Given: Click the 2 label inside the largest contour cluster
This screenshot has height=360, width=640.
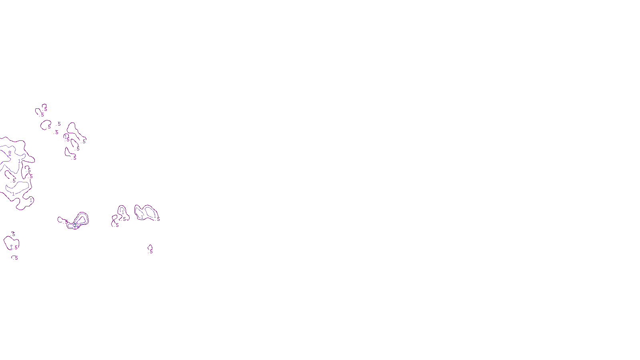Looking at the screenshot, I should click(x=10, y=153).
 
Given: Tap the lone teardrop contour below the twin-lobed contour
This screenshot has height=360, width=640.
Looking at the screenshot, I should click(x=150, y=247).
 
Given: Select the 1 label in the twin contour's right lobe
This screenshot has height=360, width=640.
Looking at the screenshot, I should click(x=155, y=216).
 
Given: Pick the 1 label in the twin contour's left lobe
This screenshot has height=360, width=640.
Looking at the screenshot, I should click(x=142, y=217).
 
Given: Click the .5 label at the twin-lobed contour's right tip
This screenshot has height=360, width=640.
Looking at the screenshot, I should click(x=158, y=219).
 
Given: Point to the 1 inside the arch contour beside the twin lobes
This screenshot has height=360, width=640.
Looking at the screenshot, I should click(x=123, y=211).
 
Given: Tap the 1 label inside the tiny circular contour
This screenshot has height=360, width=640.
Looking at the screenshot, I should click(x=66, y=137).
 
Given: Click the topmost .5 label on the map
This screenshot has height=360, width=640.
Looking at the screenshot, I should click(x=45, y=109).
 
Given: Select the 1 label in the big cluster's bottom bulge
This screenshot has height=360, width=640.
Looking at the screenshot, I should click(x=31, y=200).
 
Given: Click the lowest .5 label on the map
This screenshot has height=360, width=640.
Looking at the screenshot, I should click(x=16, y=258).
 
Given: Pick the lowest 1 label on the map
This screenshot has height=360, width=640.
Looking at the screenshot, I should click(x=11, y=248).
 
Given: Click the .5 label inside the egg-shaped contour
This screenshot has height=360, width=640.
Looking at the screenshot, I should click(x=49, y=127).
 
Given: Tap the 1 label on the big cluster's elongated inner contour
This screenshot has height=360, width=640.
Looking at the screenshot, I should click(x=13, y=194).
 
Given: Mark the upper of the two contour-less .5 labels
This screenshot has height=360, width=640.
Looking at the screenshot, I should click(x=59, y=124).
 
